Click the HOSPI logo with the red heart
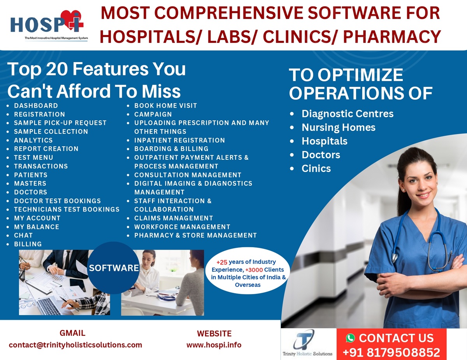(x=47, y=25)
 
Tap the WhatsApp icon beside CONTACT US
(x=351, y=338)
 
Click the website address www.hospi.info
(x=214, y=345)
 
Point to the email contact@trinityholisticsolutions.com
(x=75, y=345)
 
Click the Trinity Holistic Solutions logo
(x=307, y=343)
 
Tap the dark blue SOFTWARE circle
(x=113, y=268)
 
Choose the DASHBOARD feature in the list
(x=36, y=106)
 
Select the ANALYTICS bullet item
(x=33, y=140)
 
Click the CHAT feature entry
(x=23, y=235)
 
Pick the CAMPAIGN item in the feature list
(x=153, y=114)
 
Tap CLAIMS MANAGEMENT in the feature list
(x=174, y=218)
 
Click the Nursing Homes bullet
(x=339, y=127)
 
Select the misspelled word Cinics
(x=316, y=168)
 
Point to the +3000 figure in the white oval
(x=254, y=270)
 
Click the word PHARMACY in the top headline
(x=392, y=37)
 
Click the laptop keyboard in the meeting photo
(x=48, y=306)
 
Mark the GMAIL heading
(x=72, y=333)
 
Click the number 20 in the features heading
(x=57, y=69)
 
